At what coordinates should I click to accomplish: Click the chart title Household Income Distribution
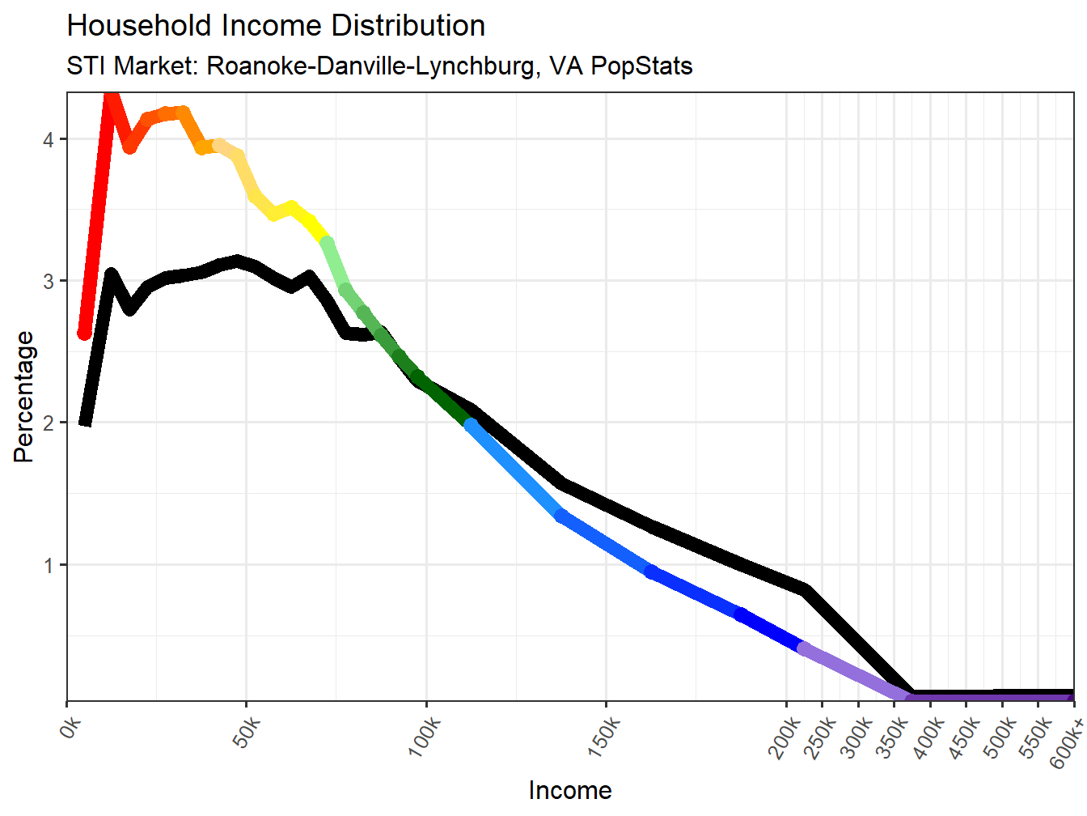tap(276, 26)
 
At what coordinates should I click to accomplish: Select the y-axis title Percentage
tap(24, 397)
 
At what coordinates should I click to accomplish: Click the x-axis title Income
tap(570, 790)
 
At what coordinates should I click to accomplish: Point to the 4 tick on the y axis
tap(49, 139)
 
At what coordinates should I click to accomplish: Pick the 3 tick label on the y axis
tap(49, 282)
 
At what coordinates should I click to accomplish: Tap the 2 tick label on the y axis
tap(49, 423)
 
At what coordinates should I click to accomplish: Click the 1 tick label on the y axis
tap(49, 565)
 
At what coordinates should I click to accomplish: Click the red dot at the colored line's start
tap(84, 333)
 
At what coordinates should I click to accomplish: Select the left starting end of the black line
tap(85, 421)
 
